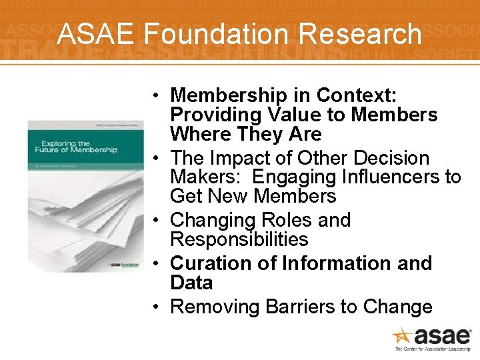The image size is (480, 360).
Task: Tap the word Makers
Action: coord(204,177)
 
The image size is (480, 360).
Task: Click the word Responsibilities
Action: coord(239,239)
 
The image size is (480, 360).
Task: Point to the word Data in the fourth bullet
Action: coord(191,283)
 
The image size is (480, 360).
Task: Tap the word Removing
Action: coord(215,307)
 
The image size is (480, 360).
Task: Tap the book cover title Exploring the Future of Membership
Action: coord(79,146)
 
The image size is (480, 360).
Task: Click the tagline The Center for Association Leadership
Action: coord(433,349)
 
